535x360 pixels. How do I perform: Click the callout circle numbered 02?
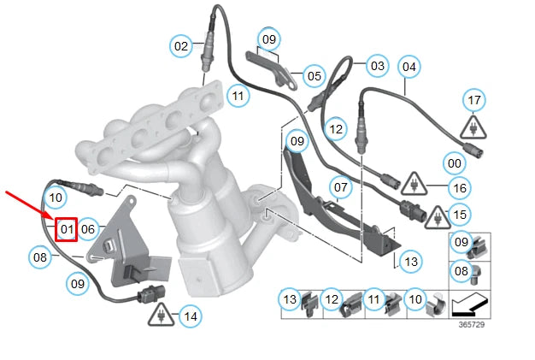click(181, 46)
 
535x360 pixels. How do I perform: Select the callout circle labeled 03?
click(377, 65)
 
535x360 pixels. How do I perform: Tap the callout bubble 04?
click(409, 66)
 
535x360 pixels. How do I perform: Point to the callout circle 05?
click(315, 76)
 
